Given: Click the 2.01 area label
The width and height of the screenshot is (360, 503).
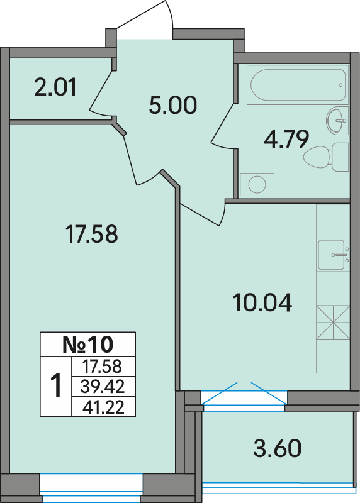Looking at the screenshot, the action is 55,87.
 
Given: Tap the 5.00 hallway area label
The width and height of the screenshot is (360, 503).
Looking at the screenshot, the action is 173,106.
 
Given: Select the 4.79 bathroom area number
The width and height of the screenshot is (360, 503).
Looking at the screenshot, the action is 286,139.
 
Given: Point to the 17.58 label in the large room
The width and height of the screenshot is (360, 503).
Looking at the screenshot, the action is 91,234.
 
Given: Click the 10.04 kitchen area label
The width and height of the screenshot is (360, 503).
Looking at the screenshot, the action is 262,303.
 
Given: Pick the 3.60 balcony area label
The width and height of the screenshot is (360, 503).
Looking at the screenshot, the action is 278,448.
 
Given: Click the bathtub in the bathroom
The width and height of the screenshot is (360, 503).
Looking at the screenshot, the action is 298,85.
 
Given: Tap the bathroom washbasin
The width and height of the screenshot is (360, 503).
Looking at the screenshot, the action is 337,121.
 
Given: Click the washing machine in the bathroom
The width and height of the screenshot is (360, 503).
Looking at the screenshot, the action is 257,184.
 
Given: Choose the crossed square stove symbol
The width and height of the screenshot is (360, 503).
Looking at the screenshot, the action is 333,322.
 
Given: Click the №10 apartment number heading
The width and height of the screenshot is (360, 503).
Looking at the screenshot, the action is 87,344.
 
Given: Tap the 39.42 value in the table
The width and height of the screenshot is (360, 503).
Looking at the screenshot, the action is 103,386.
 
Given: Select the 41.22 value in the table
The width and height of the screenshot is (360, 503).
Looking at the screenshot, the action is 103,407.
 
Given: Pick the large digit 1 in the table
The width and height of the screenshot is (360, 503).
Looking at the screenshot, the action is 56,386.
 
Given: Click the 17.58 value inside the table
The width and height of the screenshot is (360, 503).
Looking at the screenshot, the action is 102,367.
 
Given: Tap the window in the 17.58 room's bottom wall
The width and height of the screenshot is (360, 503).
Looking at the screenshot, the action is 91,488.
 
